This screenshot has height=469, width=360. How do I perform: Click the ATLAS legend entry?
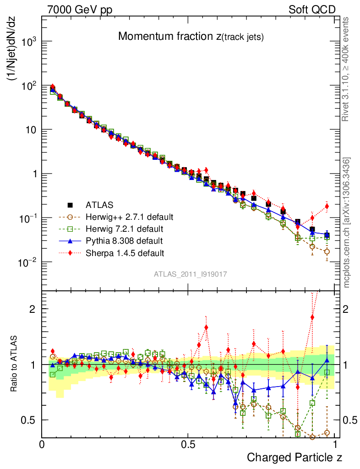99,205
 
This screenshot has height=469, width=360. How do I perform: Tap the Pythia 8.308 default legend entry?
125,240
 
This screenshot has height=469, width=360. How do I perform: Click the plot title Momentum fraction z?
191,37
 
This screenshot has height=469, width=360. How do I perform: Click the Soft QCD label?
311,10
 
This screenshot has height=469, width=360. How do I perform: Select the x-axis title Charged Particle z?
295,457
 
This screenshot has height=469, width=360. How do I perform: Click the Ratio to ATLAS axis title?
14,365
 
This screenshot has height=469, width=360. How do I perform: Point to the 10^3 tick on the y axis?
28,42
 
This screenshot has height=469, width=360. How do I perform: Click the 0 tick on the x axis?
42,444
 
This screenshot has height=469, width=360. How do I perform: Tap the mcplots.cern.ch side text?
347,223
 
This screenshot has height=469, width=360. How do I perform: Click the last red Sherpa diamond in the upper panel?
327,206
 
